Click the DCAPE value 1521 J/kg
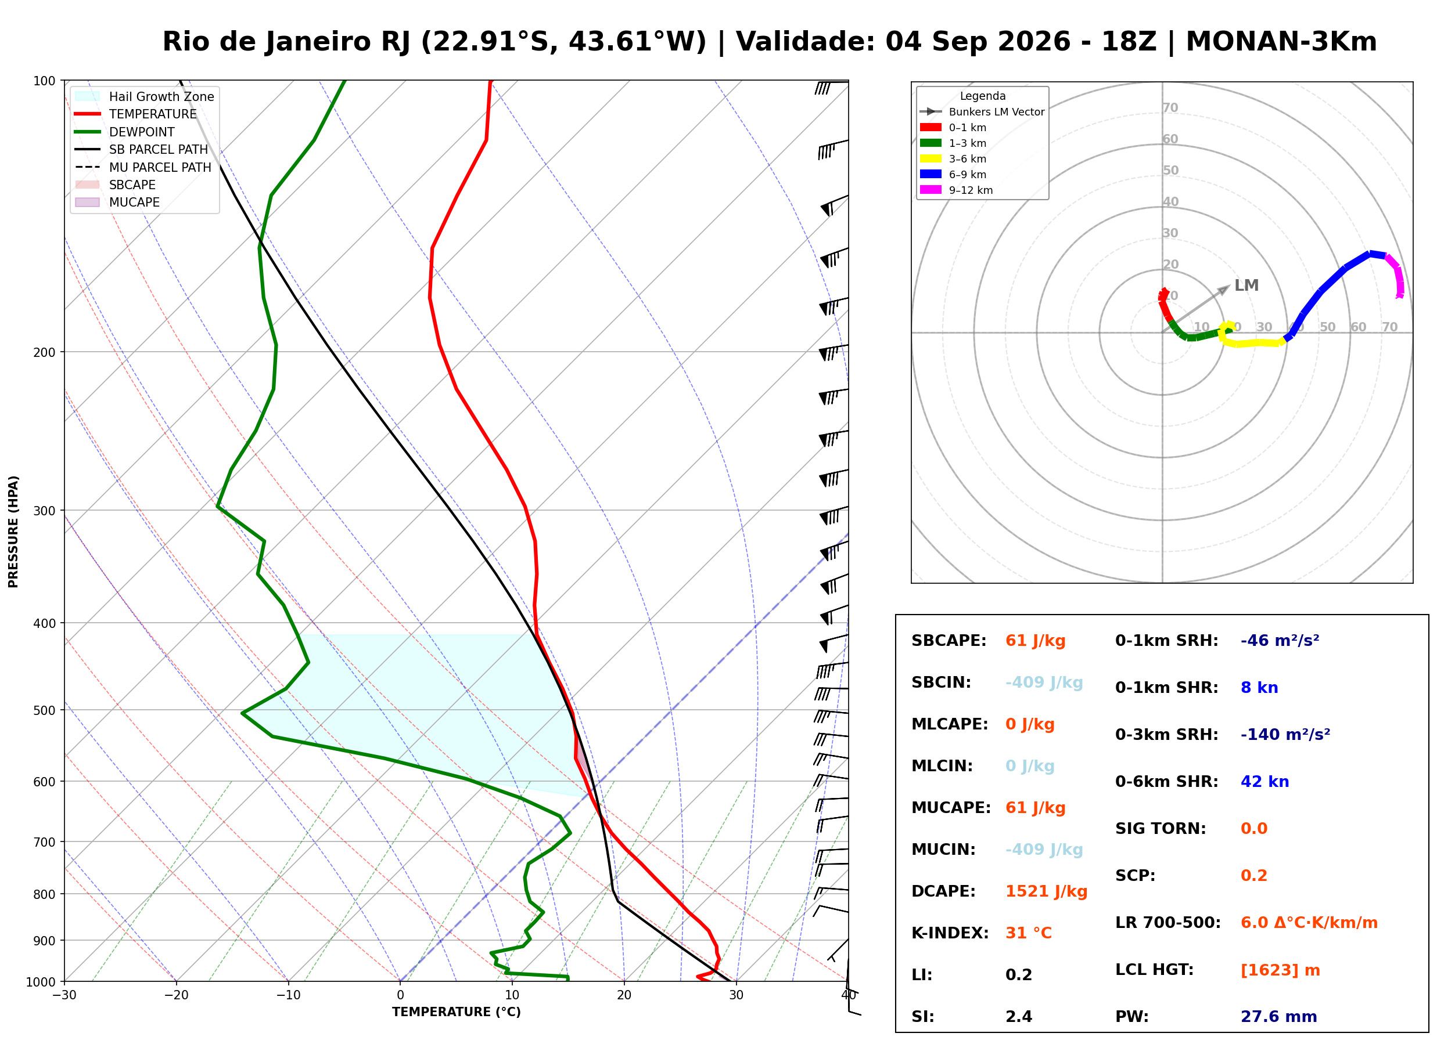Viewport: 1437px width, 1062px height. coord(1046,891)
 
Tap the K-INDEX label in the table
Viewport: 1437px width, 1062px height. coord(950,933)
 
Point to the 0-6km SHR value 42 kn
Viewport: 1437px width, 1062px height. coord(1264,782)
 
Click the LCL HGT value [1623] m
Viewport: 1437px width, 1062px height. coord(1280,970)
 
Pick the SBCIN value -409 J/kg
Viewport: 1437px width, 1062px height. coord(1044,682)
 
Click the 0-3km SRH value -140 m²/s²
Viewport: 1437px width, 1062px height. coord(1285,735)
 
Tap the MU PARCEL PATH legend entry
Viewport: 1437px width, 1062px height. coord(143,167)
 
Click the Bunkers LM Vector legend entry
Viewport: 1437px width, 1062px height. coord(982,112)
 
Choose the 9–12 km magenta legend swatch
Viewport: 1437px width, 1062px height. coord(931,190)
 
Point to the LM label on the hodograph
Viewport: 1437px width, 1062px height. coord(1246,286)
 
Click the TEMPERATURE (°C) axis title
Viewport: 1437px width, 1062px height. coord(457,1012)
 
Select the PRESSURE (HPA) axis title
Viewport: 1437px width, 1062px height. coord(13,531)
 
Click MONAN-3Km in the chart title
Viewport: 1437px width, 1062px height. coord(1281,42)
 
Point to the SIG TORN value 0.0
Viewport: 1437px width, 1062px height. coord(1254,829)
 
